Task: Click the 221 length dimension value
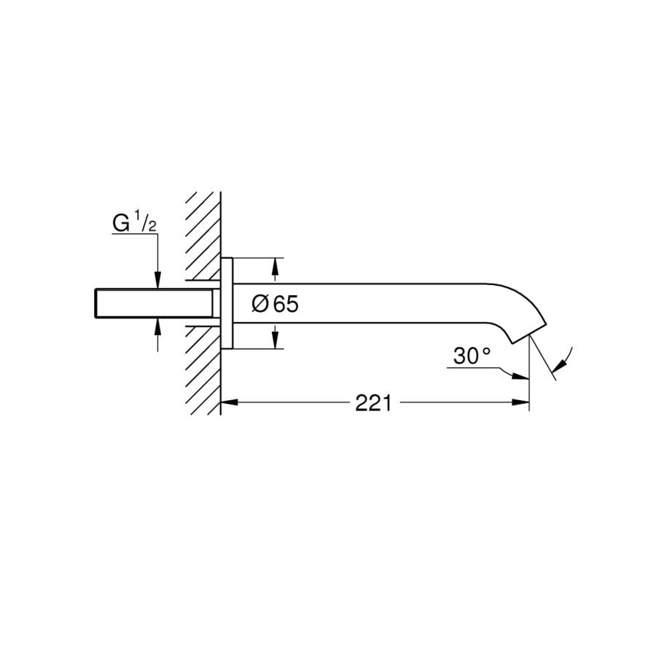click(373, 403)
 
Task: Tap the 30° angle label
click(472, 356)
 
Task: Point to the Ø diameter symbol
click(259, 304)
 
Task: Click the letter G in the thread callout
click(121, 224)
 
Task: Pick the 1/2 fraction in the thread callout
click(147, 222)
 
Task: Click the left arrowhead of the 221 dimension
click(228, 402)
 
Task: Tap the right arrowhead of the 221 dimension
click(521, 402)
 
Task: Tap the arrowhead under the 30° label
click(520, 377)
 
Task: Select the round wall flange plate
click(227, 303)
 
